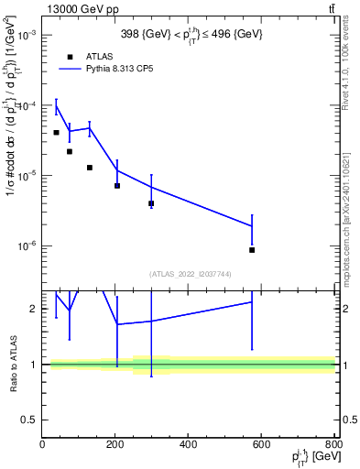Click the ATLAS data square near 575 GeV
tap(252, 249)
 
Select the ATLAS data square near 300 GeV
tap(151, 203)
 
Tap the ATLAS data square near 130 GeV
tap(90, 168)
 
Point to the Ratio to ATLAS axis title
tap(12, 364)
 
